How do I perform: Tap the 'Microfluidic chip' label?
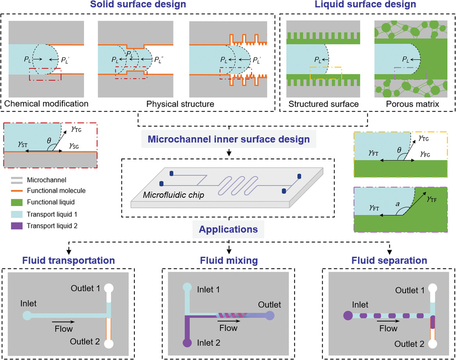coord(173,194)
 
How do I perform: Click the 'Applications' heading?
coord(228,229)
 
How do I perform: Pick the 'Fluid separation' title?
coord(389,260)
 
